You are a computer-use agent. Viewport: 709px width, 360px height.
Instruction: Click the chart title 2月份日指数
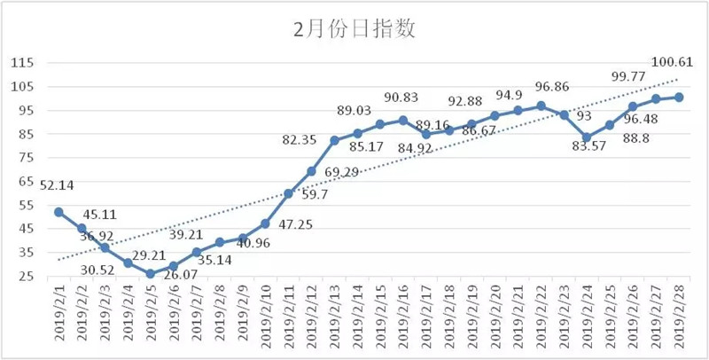tap(354, 29)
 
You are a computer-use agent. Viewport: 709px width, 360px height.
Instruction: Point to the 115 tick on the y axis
tap(22, 63)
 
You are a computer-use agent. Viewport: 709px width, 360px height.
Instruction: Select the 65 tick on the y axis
tap(26, 181)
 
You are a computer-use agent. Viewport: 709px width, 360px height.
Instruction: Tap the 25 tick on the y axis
tap(26, 277)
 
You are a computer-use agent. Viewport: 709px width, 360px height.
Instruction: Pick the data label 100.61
tap(674, 61)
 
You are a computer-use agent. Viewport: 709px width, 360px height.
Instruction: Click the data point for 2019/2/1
tap(58, 212)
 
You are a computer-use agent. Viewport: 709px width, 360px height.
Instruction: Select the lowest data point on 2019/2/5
tap(151, 274)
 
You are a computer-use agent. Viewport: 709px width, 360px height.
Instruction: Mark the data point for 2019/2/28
tap(679, 98)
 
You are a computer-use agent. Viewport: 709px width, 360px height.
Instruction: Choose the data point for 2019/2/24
tap(587, 137)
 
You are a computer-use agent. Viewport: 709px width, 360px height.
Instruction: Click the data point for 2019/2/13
tap(335, 141)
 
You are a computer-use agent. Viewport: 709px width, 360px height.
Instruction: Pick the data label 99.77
tap(630, 76)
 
